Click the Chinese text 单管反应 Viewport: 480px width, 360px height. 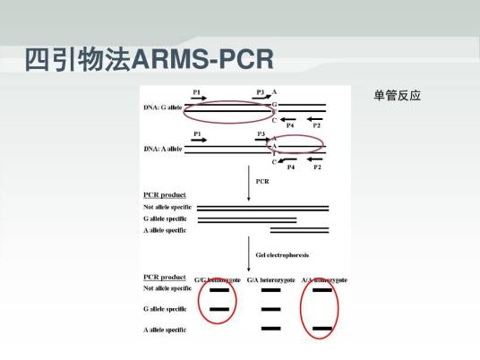[397, 96]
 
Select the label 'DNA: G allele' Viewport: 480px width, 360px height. [162, 108]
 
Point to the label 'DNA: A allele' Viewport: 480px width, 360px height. [162, 148]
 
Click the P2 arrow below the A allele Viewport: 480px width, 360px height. [315, 159]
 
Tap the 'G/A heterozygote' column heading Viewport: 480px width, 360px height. [271, 279]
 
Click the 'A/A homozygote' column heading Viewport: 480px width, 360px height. [325, 279]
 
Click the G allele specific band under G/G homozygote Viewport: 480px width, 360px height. [219, 309]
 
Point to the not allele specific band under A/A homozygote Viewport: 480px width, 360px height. [322, 290]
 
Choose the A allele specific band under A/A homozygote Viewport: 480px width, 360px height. [322, 330]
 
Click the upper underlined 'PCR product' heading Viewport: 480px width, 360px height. [164, 194]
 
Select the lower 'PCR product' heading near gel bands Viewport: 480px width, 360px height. [164, 278]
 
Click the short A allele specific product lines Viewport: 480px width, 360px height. [299, 230]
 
